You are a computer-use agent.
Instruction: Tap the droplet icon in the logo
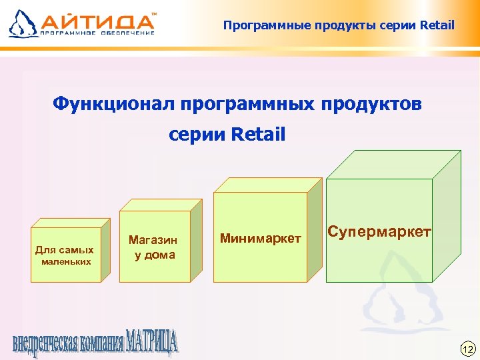click(22, 23)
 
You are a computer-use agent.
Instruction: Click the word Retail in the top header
click(437, 26)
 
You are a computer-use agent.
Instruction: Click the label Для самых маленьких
click(64, 255)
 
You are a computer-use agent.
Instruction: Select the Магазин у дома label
click(153, 247)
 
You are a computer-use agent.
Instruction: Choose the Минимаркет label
click(260, 238)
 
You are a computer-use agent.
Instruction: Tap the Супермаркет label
click(379, 233)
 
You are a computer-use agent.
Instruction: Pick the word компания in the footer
click(100, 344)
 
